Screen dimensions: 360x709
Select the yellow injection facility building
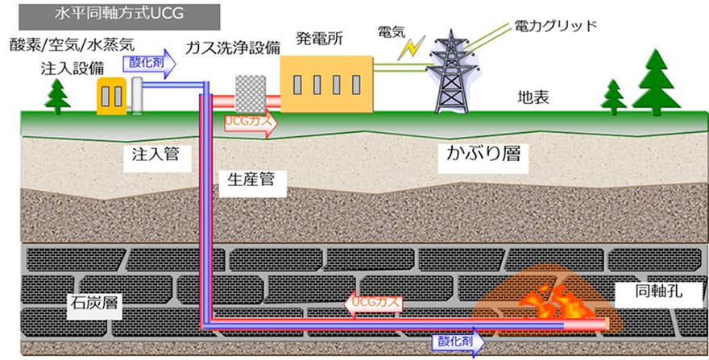point(111,95)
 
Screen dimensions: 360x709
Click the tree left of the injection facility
point(58,94)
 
